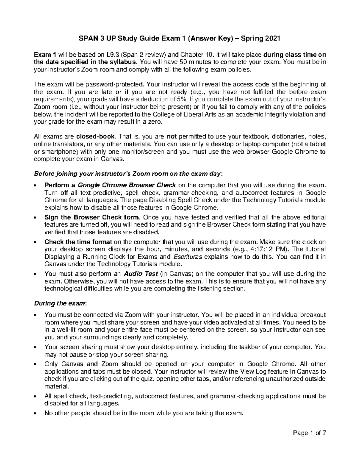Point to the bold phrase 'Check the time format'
point(78,242)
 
